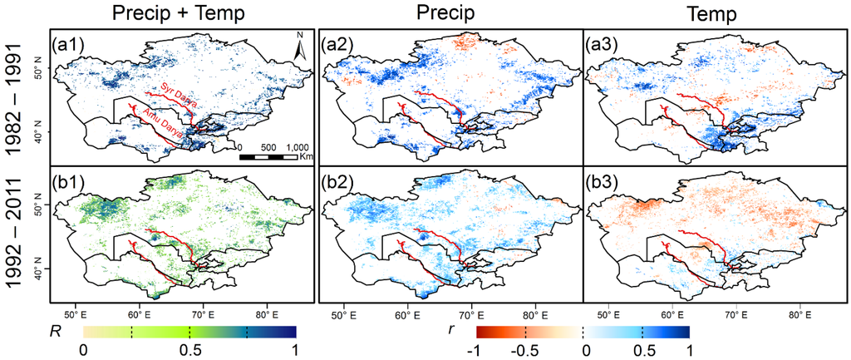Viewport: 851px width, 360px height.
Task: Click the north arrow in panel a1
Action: click(300, 48)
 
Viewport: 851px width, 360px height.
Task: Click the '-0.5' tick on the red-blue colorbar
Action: click(524, 351)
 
